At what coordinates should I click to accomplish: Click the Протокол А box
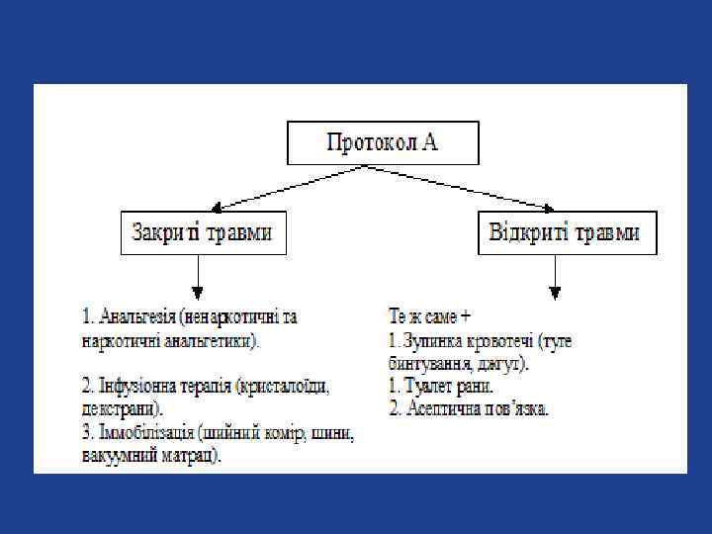pos(383,142)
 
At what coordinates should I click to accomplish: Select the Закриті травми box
pos(200,233)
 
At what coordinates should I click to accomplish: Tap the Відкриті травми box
pos(566,233)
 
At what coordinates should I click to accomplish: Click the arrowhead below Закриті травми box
pos(199,292)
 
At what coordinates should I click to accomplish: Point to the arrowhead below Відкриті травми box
pos(555,292)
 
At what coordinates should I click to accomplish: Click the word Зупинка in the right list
pos(434,341)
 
